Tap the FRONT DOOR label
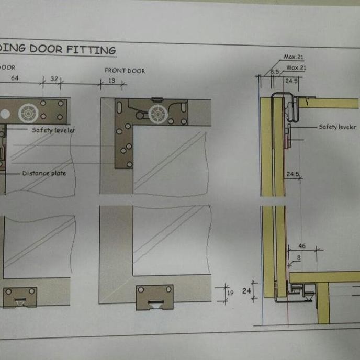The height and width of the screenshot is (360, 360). pyautogui.click(x=125, y=71)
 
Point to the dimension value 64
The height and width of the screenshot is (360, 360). pyautogui.click(x=15, y=78)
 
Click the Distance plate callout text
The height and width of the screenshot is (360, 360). pyautogui.click(x=44, y=173)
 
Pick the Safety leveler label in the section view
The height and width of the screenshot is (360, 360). pyautogui.click(x=337, y=127)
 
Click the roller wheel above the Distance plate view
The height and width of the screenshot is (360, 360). pyautogui.click(x=28, y=113)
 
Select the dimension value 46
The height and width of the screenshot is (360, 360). pyautogui.click(x=302, y=245)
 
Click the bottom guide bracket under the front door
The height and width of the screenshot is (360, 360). pyautogui.click(x=154, y=297)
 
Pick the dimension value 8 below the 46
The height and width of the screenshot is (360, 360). pyautogui.click(x=298, y=257)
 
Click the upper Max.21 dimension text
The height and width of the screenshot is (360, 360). pyautogui.click(x=295, y=57)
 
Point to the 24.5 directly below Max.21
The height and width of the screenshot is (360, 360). pyautogui.click(x=291, y=81)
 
